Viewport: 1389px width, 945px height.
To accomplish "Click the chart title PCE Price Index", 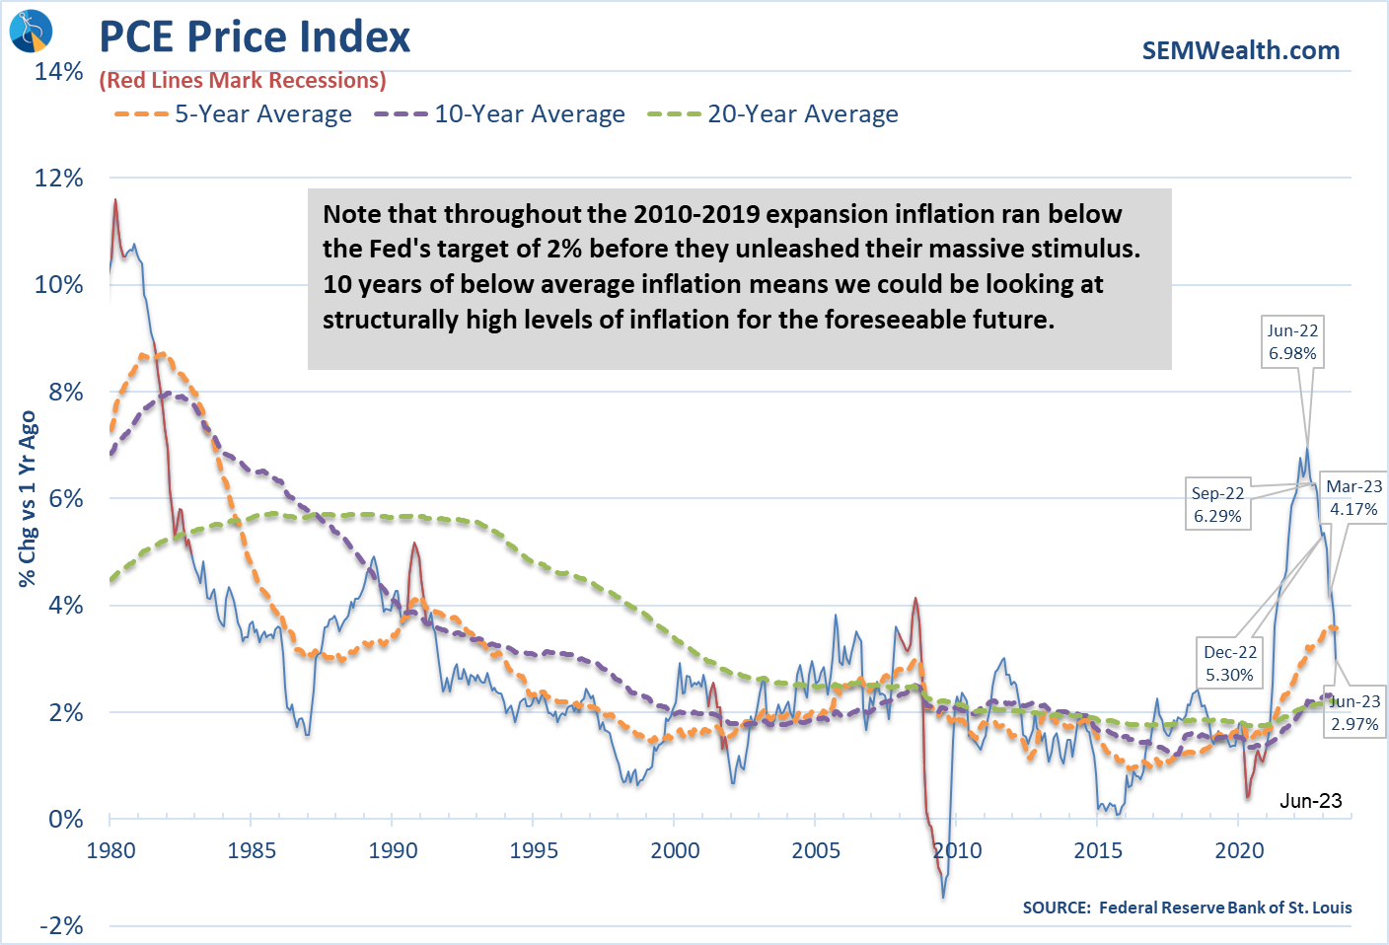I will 255,37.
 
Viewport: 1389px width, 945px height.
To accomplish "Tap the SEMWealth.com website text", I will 1240,50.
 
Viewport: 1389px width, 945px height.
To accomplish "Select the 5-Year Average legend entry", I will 233,114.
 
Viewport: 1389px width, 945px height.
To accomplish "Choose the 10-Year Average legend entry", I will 499,114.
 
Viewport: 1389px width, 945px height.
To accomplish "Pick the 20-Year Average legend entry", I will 772,114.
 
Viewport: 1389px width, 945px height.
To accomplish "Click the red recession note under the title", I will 243,81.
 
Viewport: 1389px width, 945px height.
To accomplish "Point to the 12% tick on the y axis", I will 59,179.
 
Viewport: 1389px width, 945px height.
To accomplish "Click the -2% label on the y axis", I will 61,925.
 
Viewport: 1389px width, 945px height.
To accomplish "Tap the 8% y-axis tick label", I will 65,392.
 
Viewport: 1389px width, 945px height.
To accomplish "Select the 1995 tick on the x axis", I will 534,850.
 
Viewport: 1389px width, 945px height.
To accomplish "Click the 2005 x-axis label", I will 816,850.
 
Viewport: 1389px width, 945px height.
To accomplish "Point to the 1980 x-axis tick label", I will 110,850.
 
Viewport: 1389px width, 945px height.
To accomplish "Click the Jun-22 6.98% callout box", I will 1292,342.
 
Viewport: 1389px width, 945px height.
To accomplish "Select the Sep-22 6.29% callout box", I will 1217,504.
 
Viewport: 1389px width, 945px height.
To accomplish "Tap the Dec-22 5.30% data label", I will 1230,663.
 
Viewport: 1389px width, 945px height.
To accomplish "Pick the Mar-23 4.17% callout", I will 1353,497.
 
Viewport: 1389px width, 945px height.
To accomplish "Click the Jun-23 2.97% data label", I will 1354,712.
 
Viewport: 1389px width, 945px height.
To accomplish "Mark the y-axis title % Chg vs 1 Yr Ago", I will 28,498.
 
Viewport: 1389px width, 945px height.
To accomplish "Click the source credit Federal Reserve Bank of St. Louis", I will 1187,908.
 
